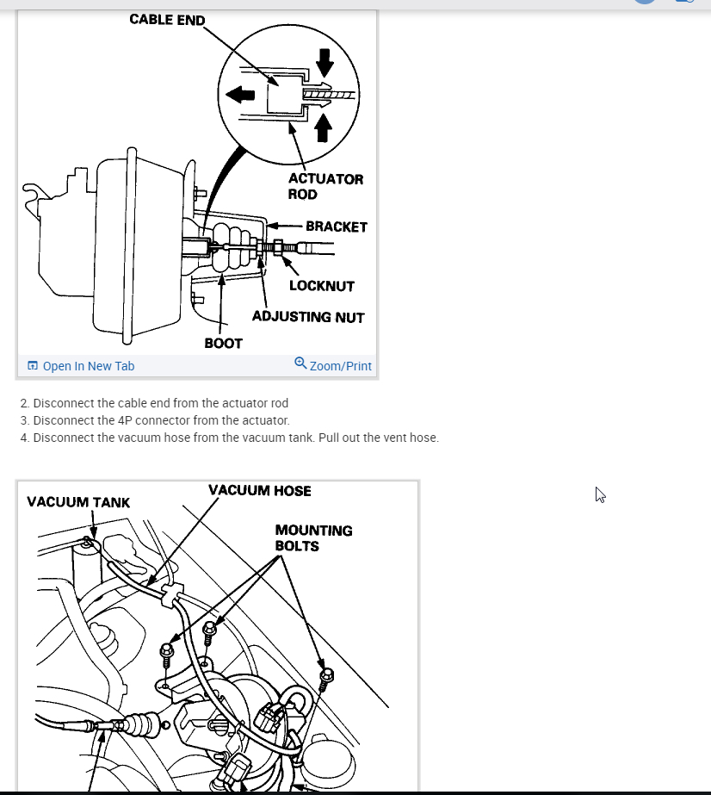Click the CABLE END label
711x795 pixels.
point(167,19)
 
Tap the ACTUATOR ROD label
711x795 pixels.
point(325,186)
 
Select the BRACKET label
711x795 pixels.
point(336,227)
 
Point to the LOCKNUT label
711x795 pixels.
point(321,286)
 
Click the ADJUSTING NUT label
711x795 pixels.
point(308,317)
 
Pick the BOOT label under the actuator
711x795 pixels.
point(223,343)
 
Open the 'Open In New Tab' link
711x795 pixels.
point(88,366)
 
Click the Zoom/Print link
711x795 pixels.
point(340,366)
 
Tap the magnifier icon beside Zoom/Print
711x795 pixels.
point(300,363)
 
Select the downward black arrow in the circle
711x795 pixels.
point(324,60)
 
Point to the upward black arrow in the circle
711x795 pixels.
point(324,127)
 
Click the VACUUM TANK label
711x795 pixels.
point(78,502)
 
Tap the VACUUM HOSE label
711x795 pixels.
point(259,491)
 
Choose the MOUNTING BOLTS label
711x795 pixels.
point(313,538)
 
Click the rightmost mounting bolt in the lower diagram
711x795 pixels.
point(326,678)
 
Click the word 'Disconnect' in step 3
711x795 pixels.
point(65,420)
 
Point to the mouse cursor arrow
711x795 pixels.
point(600,494)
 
